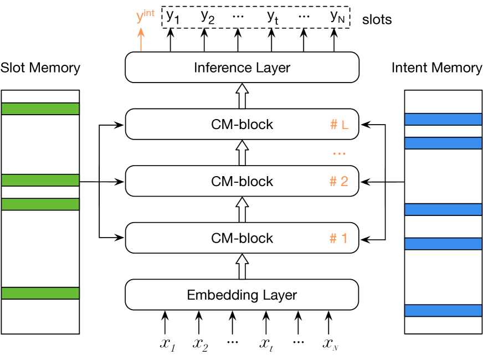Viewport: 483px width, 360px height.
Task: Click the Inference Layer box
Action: click(x=242, y=68)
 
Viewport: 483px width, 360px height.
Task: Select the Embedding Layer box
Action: click(x=242, y=295)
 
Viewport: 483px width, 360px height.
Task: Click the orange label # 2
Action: click(x=339, y=181)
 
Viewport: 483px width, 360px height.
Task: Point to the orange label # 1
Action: click(x=339, y=238)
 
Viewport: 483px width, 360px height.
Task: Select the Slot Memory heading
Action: click(x=40, y=68)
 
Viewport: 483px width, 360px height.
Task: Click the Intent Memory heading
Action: click(x=436, y=68)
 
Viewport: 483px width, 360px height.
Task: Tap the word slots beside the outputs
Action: click(x=377, y=20)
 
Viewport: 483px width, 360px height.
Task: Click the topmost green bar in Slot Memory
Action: click(x=40, y=109)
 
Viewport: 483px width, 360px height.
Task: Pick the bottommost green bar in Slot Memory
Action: click(x=40, y=293)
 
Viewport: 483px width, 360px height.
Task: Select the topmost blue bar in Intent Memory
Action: click(x=443, y=120)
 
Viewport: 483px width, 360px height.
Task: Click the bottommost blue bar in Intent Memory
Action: click(x=443, y=310)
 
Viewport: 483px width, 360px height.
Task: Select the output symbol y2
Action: click(x=208, y=17)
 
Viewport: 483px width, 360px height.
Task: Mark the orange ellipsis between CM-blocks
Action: click(x=339, y=153)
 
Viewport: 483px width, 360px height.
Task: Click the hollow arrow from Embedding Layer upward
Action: click(x=242, y=266)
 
